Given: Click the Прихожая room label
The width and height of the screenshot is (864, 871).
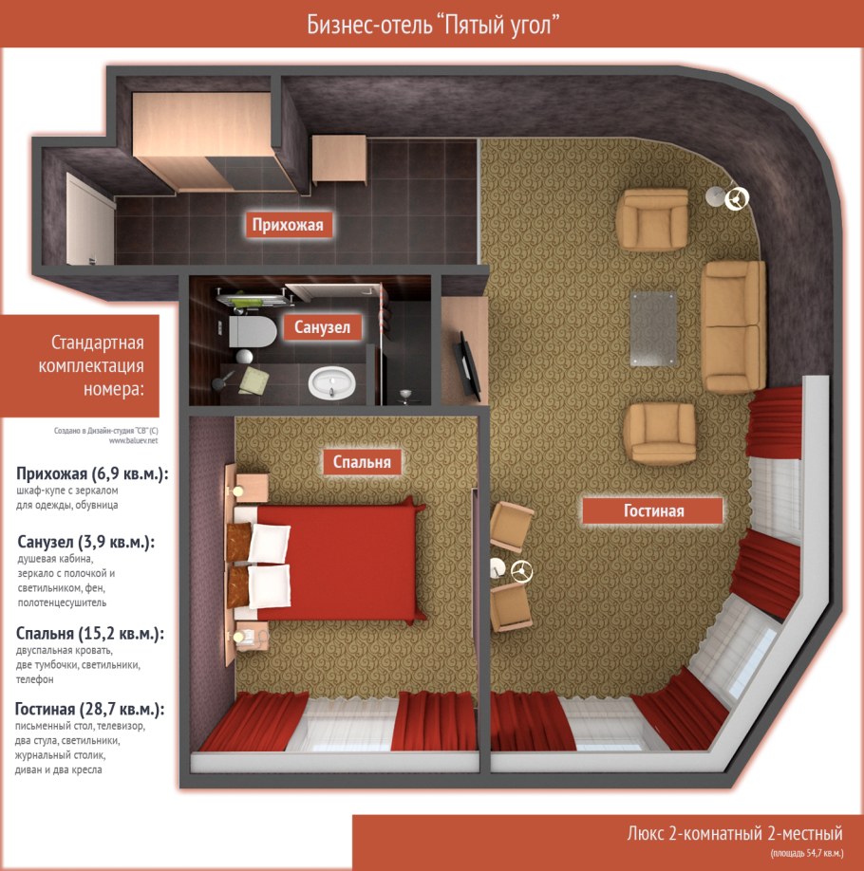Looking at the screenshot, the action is [288, 225].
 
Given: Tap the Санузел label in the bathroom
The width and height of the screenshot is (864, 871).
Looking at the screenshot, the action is [323, 326].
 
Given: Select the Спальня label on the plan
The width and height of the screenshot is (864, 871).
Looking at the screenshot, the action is [362, 461].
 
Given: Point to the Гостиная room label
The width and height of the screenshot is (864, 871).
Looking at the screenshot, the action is [653, 510].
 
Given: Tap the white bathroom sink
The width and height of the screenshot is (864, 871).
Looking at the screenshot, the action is [332, 381].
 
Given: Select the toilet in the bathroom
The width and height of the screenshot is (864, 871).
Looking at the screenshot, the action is [252, 332].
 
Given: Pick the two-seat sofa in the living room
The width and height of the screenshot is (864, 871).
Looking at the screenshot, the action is [734, 326].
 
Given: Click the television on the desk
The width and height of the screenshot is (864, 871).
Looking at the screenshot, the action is [467, 364].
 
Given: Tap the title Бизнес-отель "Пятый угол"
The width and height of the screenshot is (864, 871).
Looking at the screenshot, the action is [433, 25].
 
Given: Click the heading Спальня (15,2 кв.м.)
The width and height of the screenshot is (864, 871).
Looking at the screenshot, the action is [90, 633].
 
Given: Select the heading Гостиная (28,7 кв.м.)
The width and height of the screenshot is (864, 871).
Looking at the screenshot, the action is [89, 709].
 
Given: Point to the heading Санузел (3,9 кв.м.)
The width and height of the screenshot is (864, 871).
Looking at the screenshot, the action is [86, 542].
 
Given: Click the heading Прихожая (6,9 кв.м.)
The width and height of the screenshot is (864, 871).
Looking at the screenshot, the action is [92, 473].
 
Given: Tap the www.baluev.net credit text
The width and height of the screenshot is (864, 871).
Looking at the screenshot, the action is [134, 440].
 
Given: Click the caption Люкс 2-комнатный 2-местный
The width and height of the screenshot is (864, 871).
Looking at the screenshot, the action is [735, 833].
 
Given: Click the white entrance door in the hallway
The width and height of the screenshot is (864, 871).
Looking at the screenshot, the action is [89, 219].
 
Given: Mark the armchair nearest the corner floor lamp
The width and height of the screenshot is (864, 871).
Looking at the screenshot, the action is [652, 219].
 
